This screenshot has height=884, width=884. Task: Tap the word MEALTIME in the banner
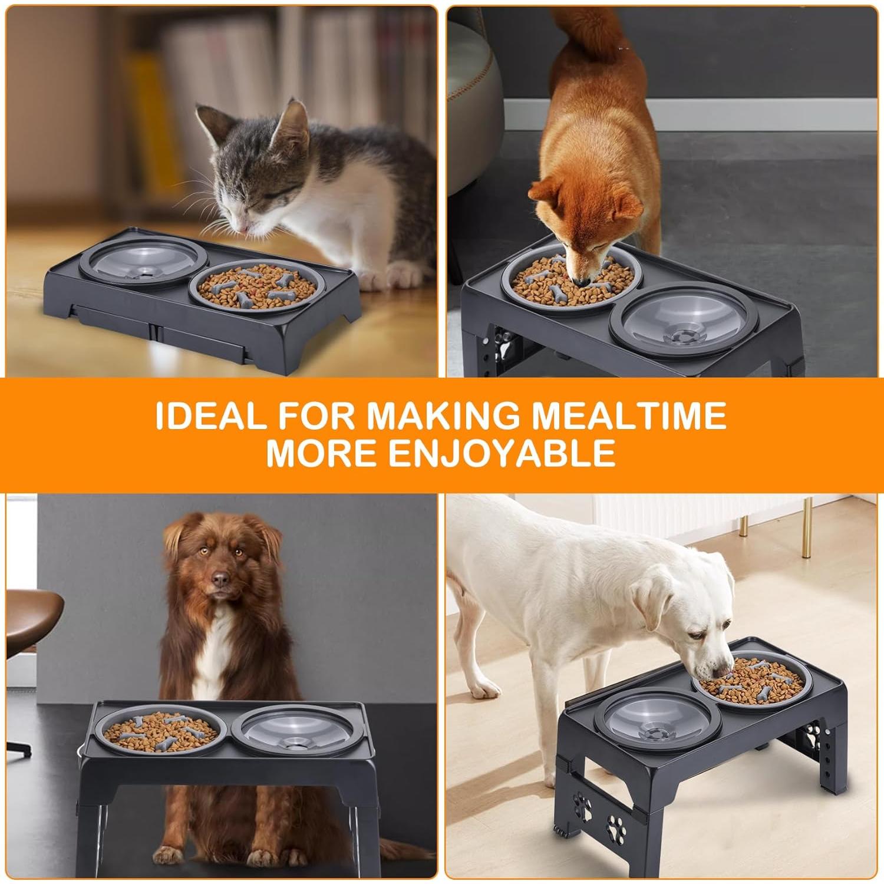pyautogui.click(x=629, y=415)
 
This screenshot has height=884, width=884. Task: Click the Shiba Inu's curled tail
pyautogui.click(x=589, y=35)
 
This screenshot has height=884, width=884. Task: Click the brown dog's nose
pyautogui.click(x=220, y=580)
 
